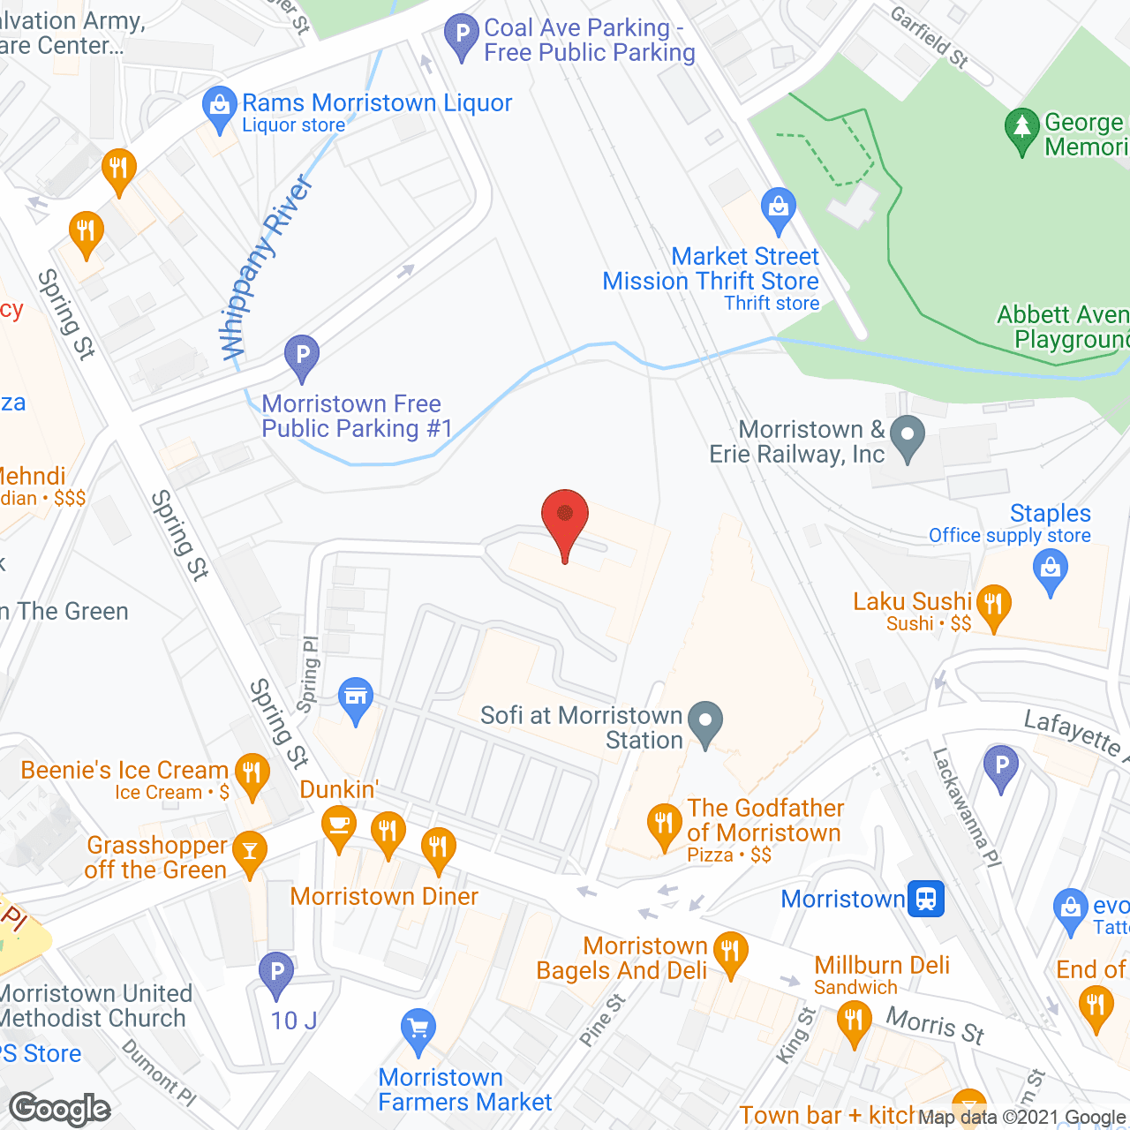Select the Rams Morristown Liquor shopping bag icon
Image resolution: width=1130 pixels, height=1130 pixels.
[x=218, y=107]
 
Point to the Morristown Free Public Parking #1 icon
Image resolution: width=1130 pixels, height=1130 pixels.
[x=302, y=356]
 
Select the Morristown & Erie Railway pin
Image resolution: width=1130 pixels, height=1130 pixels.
[x=907, y=436]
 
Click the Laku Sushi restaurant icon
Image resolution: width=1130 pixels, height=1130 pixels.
[x=993, y=606]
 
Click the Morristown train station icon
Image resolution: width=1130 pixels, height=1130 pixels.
[x=925, y=899]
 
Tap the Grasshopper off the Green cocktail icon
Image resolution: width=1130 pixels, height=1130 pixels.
[x=250, y=852]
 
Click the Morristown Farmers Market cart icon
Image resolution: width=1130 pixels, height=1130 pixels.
[x=418, y=1029]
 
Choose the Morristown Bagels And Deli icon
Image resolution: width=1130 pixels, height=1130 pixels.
[x=730, y=953]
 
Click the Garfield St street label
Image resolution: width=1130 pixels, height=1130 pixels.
[x=929, y=38]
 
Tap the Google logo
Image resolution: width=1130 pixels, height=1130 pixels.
[x=60, y=1109]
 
